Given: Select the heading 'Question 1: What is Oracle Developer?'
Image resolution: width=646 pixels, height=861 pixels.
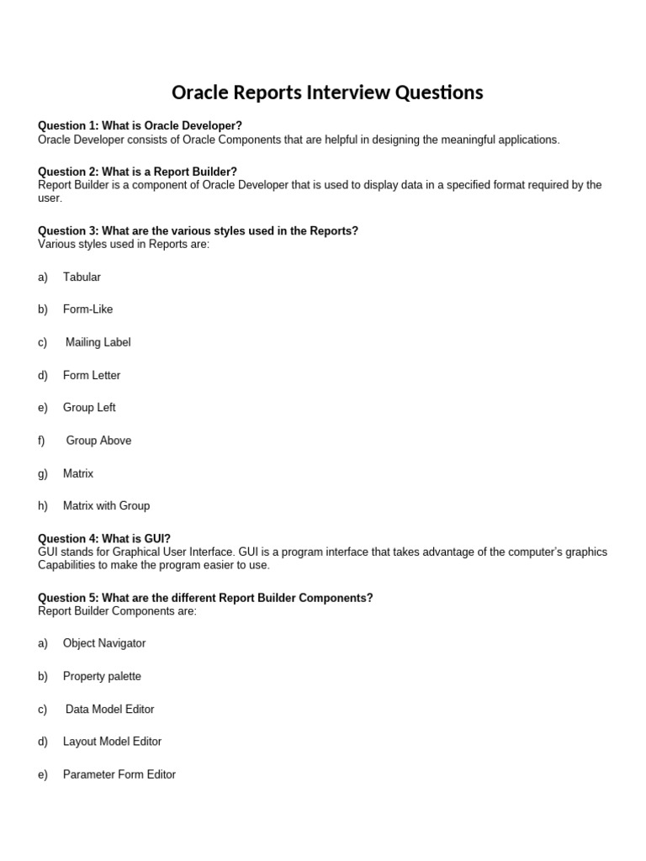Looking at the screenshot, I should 140,126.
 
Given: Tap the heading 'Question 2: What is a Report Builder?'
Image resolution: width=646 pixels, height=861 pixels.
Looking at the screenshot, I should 137,172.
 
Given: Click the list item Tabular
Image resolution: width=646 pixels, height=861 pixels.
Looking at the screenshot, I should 82,277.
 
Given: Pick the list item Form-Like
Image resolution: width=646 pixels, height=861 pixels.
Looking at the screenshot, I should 87,309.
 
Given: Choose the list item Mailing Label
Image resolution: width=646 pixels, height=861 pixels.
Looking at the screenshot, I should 98,342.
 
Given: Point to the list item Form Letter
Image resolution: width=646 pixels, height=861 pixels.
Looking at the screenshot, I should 92,375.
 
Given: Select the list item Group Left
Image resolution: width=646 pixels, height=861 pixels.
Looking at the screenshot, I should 89,408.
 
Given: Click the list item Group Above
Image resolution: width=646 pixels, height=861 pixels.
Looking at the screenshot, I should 98,441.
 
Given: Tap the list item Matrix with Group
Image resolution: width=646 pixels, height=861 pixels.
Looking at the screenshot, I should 106,506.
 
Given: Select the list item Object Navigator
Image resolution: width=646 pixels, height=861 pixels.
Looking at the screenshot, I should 104,643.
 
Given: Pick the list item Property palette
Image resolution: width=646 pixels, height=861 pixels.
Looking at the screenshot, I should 102,676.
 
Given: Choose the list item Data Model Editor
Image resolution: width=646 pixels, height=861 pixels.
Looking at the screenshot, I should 110,709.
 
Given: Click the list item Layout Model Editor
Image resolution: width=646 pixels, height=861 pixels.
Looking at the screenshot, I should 112,742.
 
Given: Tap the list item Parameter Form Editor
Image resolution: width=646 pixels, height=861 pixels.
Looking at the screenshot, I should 119,774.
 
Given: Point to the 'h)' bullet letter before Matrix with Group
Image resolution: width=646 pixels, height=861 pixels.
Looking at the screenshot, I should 43,506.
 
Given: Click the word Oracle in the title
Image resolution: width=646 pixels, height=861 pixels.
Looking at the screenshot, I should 200,92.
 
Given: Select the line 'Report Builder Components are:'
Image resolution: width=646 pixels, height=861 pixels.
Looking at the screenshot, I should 117,611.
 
